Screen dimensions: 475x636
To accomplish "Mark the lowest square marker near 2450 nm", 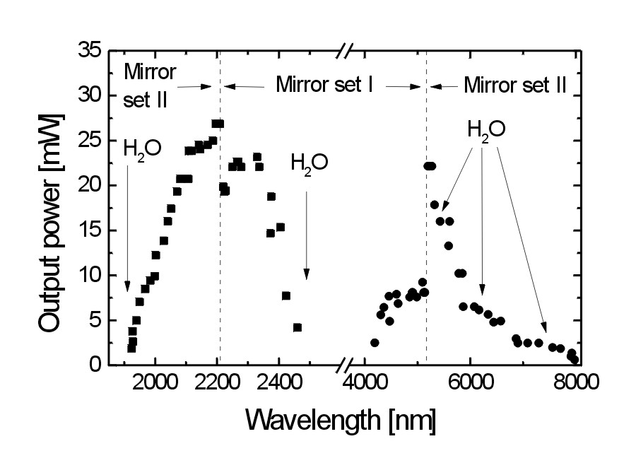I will [298, 327].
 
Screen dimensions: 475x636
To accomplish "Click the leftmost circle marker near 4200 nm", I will [375, 343].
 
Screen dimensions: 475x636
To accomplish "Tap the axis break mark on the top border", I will [345, 51].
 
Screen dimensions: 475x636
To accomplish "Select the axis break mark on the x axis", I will [345, 365].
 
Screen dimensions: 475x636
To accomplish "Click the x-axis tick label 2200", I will [217, 383].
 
